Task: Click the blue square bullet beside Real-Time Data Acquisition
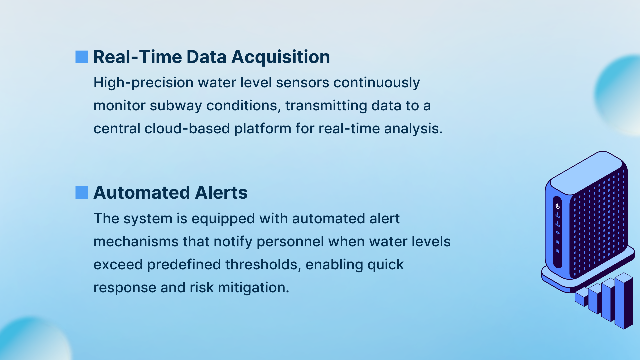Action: (x=82, y=57)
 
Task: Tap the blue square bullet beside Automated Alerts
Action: (x=82, y=192)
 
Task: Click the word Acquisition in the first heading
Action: (x=281, y=57)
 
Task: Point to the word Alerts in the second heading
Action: (x=221, y=192)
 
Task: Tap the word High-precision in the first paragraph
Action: (x=143, y=83)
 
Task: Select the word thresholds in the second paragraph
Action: (x=263, y=264)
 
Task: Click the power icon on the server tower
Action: (x=557, y=206)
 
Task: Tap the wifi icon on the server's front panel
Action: (x=557, y=233)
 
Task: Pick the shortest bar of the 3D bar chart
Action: (x=582, y=297)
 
